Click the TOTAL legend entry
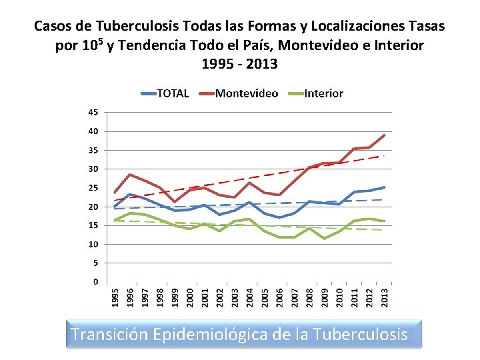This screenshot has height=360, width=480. pos(165,93)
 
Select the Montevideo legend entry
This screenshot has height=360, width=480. pos(239,93)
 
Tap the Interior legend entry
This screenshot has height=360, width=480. pos(315,93)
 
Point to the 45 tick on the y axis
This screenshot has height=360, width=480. pos(93,113)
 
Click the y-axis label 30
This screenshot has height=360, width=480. pos(93,169)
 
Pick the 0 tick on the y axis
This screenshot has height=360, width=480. pos(96,281)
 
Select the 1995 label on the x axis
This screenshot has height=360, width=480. pos(115,297)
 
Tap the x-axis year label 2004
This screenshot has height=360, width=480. pos(250,297)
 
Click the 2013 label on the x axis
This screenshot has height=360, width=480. pos(385,297)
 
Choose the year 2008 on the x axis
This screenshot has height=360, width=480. pos(309,297)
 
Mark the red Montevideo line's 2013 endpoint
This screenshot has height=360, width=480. pos(384,135)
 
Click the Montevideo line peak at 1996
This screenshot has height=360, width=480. pos(130,175)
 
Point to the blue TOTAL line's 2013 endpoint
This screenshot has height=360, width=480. pos(384,187)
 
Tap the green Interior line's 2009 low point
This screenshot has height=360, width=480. pos(324,239)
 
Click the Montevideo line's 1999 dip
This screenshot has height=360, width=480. pos(175,202)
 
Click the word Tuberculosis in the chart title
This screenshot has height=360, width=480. pos(137,26)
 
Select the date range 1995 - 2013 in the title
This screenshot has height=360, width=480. pos(240,64)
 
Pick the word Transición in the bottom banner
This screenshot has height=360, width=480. pos(110,334)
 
